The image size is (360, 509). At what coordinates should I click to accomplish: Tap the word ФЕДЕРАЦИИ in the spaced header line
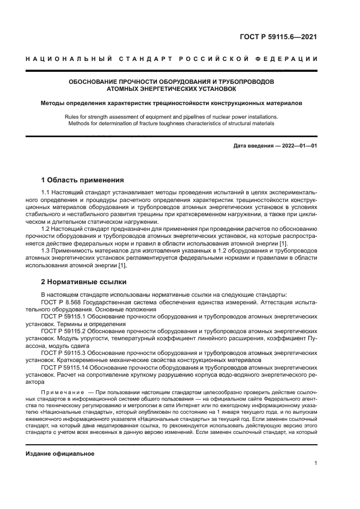[x=290, y=59]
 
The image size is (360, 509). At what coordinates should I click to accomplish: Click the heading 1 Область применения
[x=83, y=180]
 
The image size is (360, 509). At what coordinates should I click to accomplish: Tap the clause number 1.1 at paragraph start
[x=46, y=193]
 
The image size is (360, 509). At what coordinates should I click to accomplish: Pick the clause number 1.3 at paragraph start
[x=46, y=250]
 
